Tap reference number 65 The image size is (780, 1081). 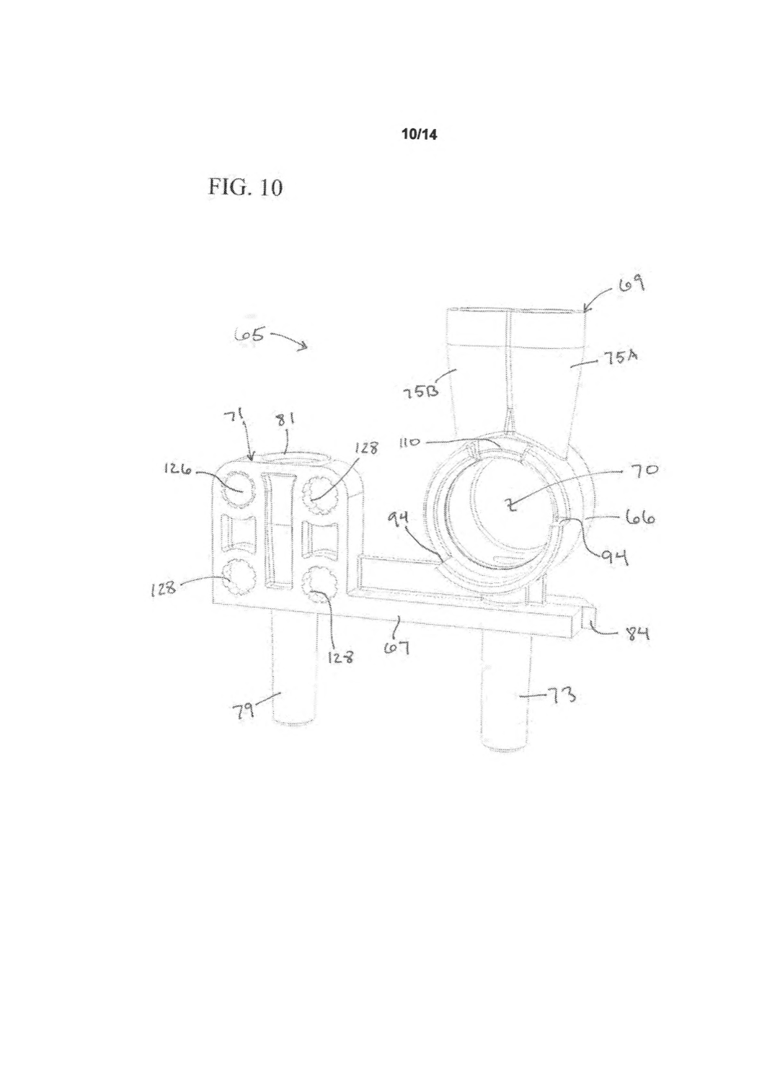pyautogui.click(x=250, y=335)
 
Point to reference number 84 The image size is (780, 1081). pyautogui.click(x=636, y=633)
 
